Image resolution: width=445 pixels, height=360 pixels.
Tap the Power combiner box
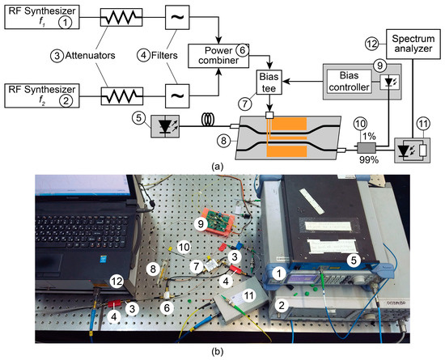coord(217,56)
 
